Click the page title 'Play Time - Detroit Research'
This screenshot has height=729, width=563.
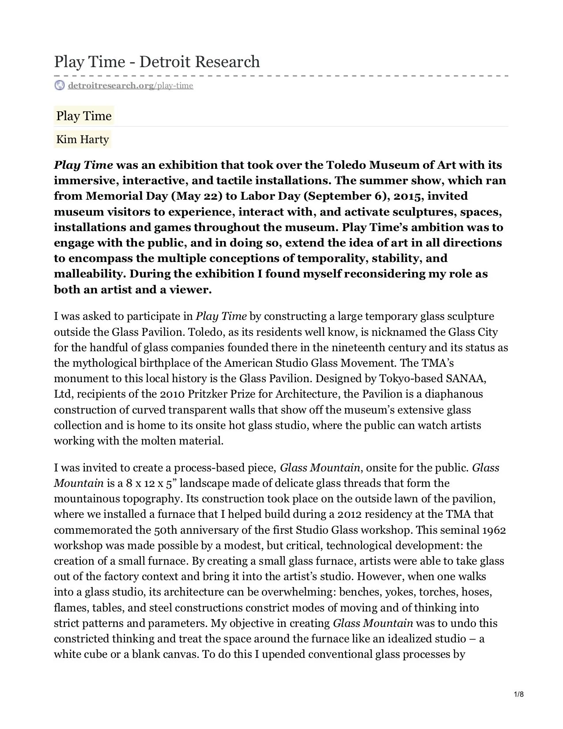coord(157,61)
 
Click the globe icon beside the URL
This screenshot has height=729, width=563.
coord(59,85)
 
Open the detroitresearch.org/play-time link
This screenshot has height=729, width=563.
coord(130,85)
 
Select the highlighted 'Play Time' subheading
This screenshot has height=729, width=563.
coord(84,116)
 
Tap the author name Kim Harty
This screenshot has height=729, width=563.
coord(83,140)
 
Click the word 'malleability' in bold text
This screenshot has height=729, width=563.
coord(90,274)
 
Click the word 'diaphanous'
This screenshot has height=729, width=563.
coord(455,394)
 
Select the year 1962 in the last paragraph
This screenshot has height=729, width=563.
coord(494,530)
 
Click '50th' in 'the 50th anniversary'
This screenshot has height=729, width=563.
coord(166,530)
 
